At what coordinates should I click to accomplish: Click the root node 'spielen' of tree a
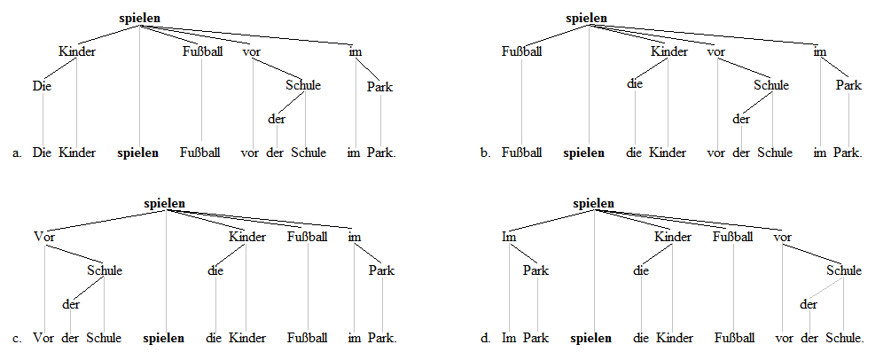(139, 18)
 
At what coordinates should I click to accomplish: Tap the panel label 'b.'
(485, 153)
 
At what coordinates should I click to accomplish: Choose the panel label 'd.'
(485, 338)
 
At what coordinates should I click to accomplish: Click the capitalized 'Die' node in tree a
(42, 86)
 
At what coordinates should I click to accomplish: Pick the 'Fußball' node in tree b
(521, 51)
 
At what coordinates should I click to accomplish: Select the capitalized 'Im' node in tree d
(509, 237)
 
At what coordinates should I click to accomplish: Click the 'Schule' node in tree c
(105, 270)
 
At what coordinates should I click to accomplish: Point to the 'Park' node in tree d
(536, 270)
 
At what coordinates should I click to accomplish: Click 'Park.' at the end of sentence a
(382, 153)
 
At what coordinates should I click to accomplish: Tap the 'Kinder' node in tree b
(668, 51)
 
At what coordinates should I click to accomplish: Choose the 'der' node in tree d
(807, 304)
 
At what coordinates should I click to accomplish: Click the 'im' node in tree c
(355, 237)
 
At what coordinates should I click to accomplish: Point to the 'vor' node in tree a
(251, 51)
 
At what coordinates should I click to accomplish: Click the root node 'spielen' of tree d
(593, 203)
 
